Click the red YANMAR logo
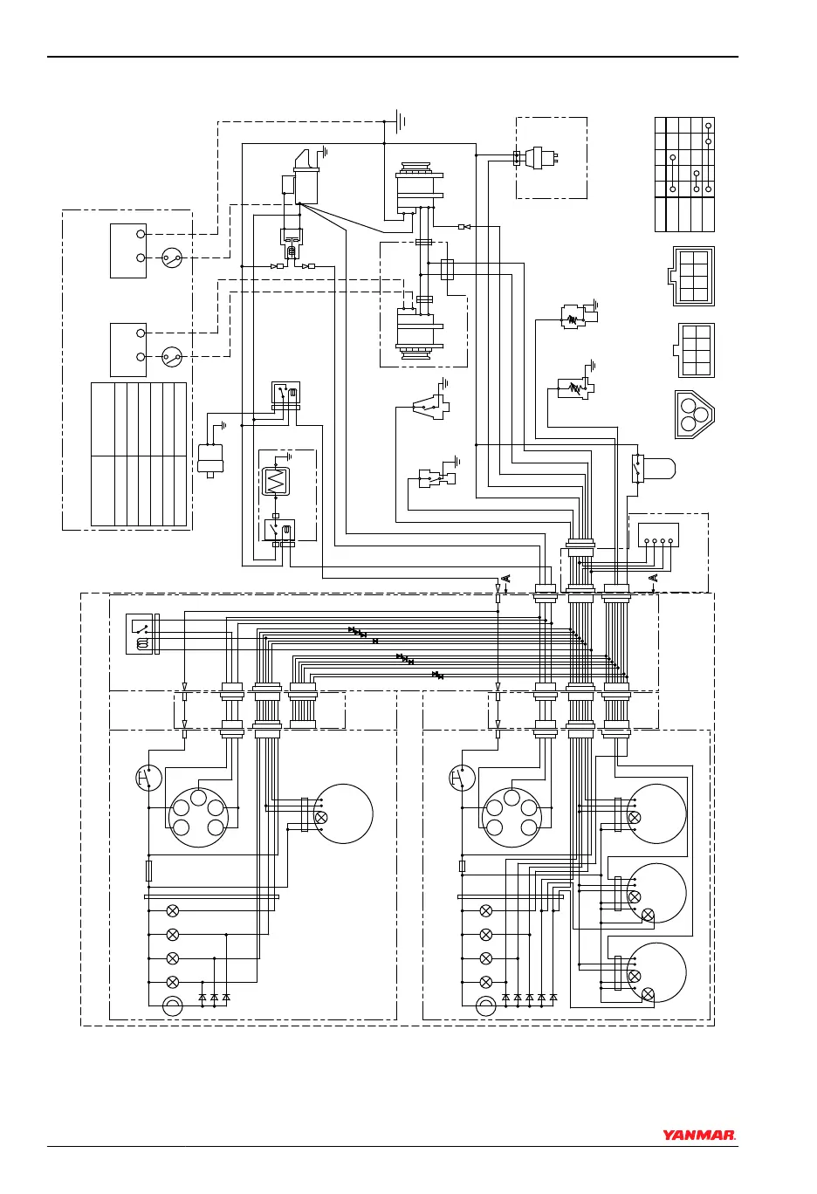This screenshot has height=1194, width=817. (x=698, y=1136)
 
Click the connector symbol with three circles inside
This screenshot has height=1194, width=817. (x=694, y=414)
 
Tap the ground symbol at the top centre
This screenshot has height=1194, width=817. (x=398, y=120)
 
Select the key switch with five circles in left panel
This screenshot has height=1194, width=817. (x=198, y=817)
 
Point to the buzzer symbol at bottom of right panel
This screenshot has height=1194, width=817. (x=486, y=1006)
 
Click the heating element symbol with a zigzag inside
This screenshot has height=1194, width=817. (x=276, y=481)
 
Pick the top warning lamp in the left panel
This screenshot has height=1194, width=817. (x=173, y=910)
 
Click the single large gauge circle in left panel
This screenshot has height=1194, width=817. (x=343, y=813)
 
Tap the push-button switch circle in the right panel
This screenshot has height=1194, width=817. (x=462, y=778)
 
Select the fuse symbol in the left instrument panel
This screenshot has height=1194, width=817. (x=148, y=870)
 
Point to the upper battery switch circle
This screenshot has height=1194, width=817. (x=173, y=257)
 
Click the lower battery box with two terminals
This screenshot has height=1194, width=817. (x=128, y=349)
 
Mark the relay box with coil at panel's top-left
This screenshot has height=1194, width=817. (x=139, y=634)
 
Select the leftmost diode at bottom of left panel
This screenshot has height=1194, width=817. (x=203, y=996)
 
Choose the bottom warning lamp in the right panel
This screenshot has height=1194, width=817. (x=486, y=982)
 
